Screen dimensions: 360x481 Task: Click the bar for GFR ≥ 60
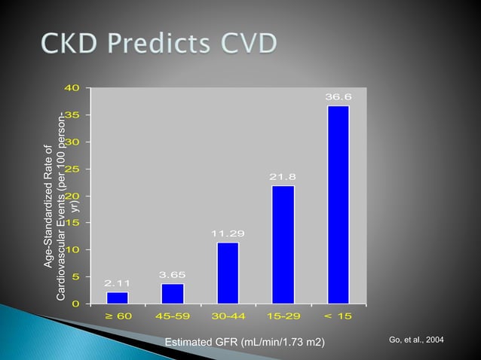pos(117,297)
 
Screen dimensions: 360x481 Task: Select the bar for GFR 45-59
pos(173,293)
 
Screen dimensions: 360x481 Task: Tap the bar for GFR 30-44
pos(228,273)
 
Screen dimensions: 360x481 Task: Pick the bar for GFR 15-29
pos(283,244)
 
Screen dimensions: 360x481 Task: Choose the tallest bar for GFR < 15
pos(339,204)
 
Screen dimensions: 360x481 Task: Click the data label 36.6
pos(339,97)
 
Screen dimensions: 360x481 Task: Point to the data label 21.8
pos(283,177)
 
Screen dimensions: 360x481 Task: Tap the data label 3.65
pos(173,275)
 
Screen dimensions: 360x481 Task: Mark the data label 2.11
pos(117,283)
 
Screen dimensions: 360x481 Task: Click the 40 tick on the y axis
pos(73,88)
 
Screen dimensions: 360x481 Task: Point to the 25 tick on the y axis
pos(73,169)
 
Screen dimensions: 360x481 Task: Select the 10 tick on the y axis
pos(73,250)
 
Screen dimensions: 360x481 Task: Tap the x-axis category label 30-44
pos(228,316)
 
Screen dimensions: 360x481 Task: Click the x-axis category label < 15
pos(339,316)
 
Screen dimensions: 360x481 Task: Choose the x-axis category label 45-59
pos(173,316)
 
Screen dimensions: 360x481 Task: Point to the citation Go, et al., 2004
pos(416,341)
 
